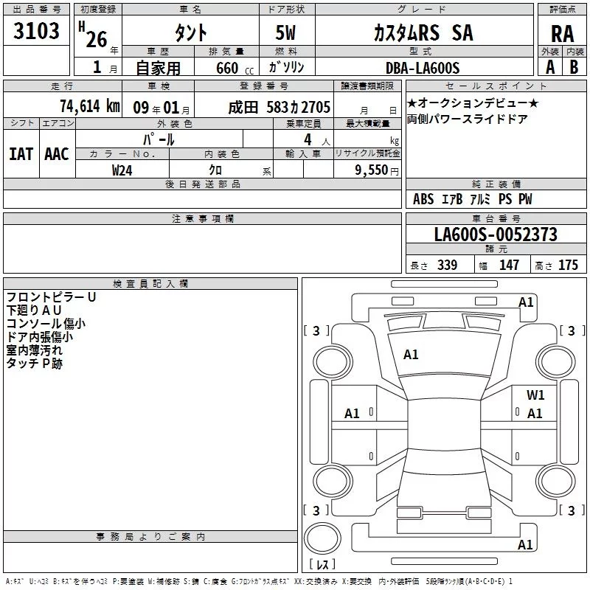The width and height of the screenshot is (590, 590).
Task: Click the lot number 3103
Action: coord(36,30)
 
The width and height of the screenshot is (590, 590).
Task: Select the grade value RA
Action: coord(562,34)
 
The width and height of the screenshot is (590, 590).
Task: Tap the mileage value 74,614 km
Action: coord(90,106)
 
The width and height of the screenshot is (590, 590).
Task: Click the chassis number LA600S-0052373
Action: coord(496,234)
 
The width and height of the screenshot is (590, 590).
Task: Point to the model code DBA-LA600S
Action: coord(423,68)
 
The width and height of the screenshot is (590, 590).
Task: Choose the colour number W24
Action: coord(122,170)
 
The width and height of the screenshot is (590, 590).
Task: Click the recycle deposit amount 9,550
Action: coord(372,170)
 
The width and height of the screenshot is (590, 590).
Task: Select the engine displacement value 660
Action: coord(227,68)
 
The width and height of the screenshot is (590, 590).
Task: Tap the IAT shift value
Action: coord(21,154)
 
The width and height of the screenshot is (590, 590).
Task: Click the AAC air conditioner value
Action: coord(57,154)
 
